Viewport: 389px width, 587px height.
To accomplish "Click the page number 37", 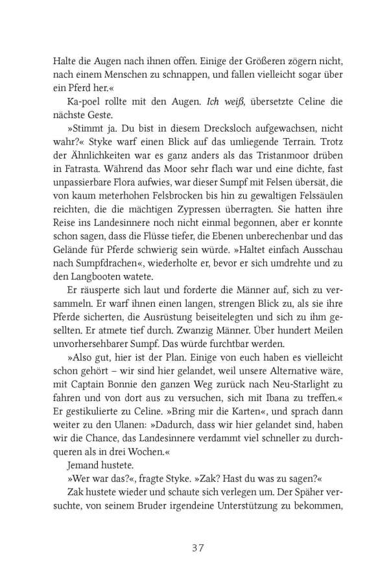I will (x=194, y=547).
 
